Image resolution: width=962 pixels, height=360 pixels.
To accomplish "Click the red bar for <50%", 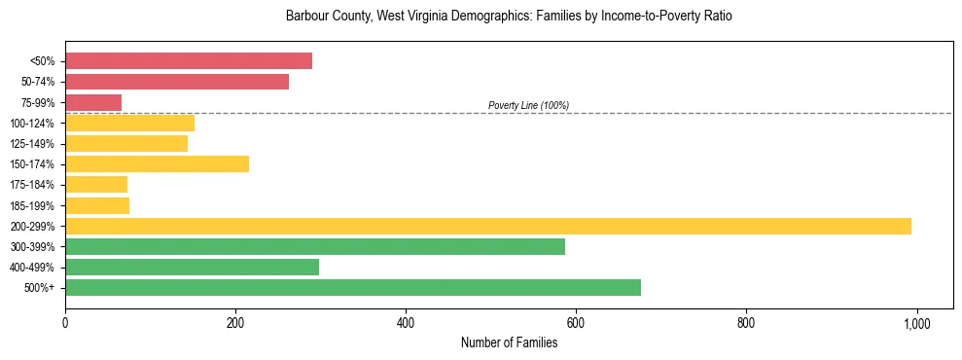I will [189, 61].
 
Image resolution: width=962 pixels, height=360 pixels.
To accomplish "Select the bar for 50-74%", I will [177, 82].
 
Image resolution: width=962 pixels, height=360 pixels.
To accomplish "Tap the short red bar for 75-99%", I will [93, 102].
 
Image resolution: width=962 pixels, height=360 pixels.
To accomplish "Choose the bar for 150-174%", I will [157, 163].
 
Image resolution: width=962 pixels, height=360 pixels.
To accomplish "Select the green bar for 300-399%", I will [315, 246].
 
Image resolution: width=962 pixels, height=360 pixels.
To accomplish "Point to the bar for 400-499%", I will [192, 267].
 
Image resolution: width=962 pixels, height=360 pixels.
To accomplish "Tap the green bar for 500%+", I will [353, 287].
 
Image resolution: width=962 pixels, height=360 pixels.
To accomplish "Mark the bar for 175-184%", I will [96, 184].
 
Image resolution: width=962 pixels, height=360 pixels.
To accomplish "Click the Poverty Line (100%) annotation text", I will [528, 105].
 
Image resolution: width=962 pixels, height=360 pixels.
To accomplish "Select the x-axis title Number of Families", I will [509, 342].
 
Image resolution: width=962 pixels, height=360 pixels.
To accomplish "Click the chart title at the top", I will [509, 17].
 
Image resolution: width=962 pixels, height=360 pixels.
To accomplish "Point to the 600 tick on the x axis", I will [576, 323].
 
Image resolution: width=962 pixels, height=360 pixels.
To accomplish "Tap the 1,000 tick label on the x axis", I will [916, 323].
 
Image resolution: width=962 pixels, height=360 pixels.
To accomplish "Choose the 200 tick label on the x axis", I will [235, 323].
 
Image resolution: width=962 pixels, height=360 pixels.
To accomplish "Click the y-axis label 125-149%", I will [32, 144].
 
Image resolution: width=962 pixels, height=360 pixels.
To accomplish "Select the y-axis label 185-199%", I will [32, 205].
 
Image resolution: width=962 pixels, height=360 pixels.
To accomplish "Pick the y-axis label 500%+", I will [39, 288].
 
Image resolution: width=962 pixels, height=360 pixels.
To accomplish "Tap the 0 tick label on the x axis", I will [65, 323].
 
